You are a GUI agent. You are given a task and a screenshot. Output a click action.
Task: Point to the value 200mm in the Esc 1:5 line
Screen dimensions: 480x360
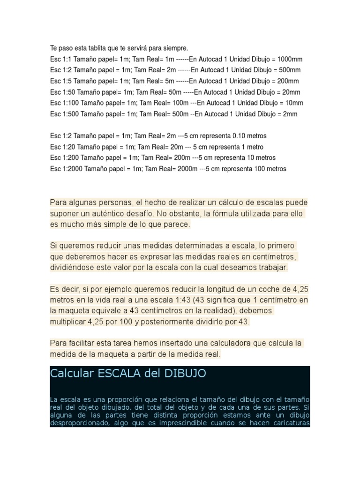tap(288, 81)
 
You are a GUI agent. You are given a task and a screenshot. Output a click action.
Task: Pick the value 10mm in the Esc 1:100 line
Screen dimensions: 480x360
tap(292, 103)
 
